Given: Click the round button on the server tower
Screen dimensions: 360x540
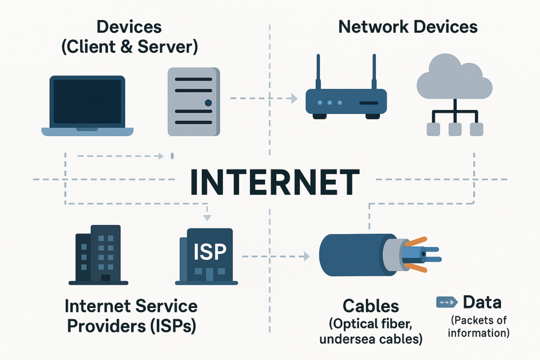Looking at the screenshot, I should click(209, 102).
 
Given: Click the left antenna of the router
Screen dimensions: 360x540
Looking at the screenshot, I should click(319, 71).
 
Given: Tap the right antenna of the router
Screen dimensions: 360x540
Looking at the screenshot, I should click(374, 71).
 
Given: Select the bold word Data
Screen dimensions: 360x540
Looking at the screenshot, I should click(482, 303).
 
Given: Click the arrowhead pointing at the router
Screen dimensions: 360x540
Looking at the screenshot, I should click(293, 98).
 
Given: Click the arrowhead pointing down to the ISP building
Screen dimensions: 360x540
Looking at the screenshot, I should click(207, 218).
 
